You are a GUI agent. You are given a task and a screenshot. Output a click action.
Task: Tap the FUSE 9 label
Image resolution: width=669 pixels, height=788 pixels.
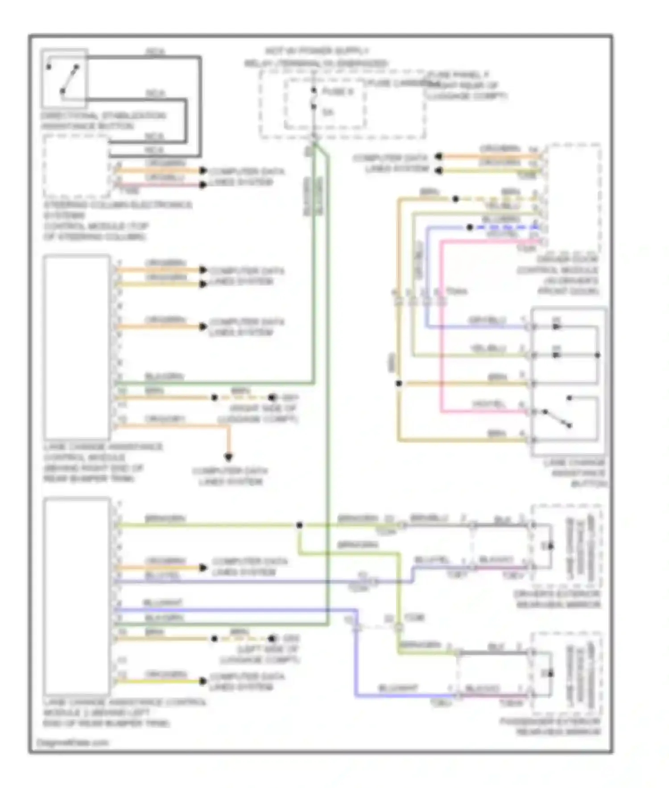(x=338, y=92)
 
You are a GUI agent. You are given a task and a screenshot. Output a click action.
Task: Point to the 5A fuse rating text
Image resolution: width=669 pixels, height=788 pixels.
(x=328, y=112)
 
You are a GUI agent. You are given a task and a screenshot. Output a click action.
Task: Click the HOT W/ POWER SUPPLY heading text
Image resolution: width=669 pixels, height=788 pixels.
(x=316, y=51)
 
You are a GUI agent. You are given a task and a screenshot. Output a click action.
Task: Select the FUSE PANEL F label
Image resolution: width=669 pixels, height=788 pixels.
(x=457, y=74)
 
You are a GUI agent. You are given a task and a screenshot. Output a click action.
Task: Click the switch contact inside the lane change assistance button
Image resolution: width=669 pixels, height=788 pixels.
(x=557, y=418)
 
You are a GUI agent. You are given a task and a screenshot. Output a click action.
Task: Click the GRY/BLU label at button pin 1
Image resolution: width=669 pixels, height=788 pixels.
(x=487, y=320)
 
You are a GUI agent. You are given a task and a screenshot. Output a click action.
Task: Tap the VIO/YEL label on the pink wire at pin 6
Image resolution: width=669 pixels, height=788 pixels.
(x=488, y=404)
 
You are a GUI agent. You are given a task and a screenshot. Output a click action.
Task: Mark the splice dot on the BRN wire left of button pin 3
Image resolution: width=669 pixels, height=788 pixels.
(x=399, y=383)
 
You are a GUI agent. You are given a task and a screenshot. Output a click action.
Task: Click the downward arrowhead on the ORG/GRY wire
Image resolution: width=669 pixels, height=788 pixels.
(x=228, y=457)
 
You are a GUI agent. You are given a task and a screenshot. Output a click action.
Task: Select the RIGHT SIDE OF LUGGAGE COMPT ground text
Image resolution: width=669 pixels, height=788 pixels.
(x=258, y=414)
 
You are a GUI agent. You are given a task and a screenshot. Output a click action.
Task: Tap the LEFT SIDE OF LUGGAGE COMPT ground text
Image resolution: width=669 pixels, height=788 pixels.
(x=260, y=654)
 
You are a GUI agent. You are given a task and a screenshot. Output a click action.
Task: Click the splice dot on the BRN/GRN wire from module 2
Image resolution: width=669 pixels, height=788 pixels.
(x=299, y=525)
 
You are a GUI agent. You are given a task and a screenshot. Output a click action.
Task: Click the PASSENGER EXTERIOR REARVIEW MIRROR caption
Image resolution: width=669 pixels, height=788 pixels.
(x=551, y=726)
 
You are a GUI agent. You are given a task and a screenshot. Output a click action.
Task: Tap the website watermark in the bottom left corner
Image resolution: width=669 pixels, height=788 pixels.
(x=73, y=743)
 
